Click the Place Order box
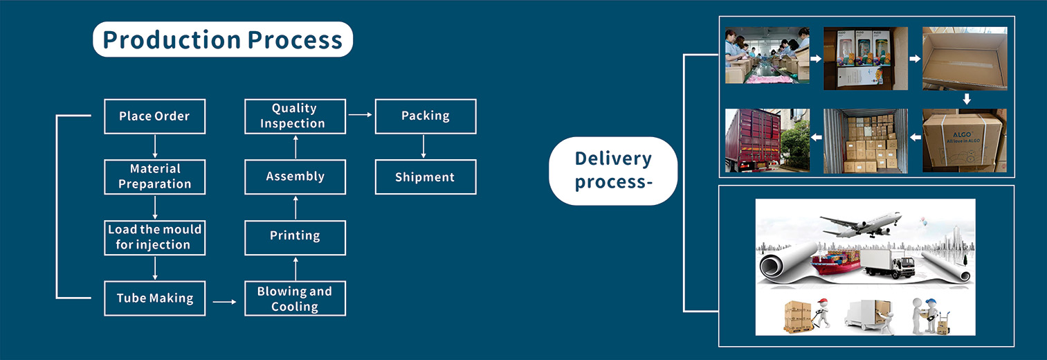coord(155,116)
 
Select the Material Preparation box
coord(155,177)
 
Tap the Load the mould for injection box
coord(155,237)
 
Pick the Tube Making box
coord(155,298)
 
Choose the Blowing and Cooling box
coord(295,298)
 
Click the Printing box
coord(295,237)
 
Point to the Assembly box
coord(295,177)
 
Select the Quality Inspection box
coord(295,116)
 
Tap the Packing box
coord(426,116)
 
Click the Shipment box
coord(426,177)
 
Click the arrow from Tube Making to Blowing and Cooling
coord(224,302)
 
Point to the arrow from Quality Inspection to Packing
coord(361,114)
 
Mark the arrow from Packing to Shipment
coord(424,147)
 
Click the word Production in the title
coord(172,39)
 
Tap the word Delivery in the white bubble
coord(613,159)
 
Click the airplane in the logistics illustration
coord(861,224)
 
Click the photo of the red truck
coord(767,141)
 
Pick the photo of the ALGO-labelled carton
coord(964,141)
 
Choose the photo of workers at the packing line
coord(767,55)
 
